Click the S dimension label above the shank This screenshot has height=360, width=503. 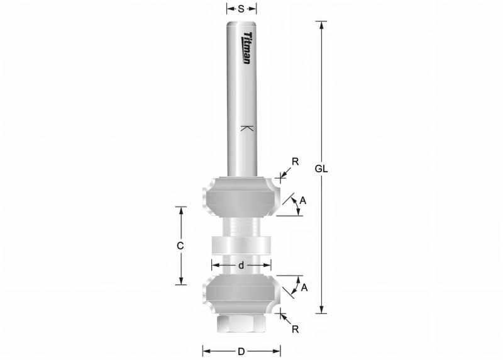tap(241, 9)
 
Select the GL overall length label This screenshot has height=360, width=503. tap(322, 169)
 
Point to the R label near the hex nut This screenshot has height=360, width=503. tap(296, 329)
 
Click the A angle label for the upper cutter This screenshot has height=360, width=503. tap(302, 201)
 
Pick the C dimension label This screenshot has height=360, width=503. tap(180, 246)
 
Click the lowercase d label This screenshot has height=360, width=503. tap(241, 266)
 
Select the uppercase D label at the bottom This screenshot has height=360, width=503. tap(241, 351)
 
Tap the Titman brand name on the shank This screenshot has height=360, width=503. tap(247, 48)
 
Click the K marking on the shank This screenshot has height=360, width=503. tap(246, 129)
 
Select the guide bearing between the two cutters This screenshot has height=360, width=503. tap(241, 245)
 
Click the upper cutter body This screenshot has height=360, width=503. tap(241, 196)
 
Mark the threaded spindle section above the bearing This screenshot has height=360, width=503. tap(241, 225)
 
